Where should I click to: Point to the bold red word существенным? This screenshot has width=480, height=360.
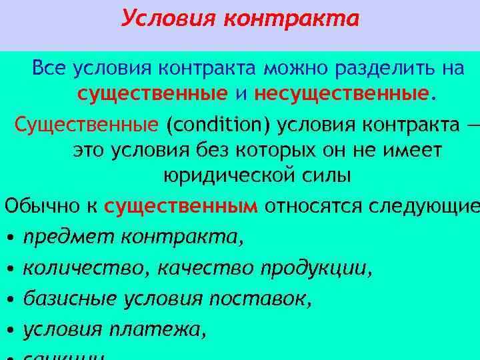181,207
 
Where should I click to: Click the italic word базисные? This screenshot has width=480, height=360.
71,298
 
